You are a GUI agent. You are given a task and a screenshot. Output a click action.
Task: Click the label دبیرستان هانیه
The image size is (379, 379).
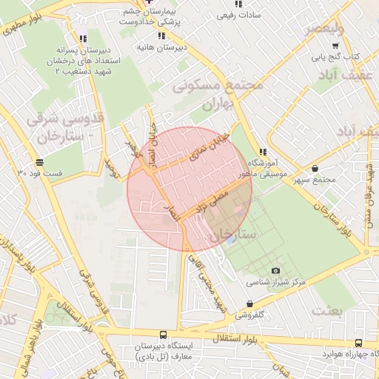(160, 47)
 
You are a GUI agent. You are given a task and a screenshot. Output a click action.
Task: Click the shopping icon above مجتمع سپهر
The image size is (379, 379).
(316, 168)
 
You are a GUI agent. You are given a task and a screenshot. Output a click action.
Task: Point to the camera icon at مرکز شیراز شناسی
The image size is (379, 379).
(276, 271)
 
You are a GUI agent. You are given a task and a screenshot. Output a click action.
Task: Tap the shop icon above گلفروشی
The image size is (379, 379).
(249, 303)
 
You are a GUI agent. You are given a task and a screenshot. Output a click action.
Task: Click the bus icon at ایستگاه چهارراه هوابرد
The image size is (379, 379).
(359, 343)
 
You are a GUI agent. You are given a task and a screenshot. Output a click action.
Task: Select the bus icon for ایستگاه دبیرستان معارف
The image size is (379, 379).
(162, 335)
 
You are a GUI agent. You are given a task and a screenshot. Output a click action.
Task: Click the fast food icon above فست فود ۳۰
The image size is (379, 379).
(38, 162)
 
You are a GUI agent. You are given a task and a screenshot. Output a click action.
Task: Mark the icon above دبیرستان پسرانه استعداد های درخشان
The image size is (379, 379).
(81, 38)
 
